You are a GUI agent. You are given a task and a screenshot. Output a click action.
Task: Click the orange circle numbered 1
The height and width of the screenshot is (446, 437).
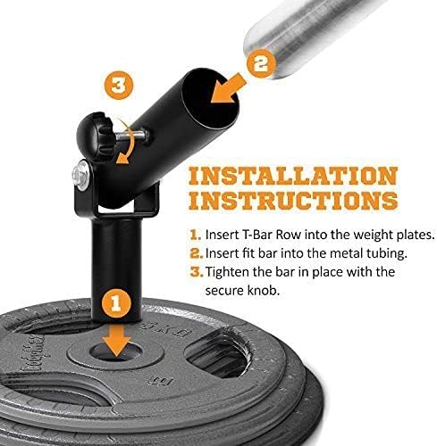(x=116, y=304)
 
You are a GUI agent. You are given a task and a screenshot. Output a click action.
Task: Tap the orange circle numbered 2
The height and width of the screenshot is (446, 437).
(x=261, y=63)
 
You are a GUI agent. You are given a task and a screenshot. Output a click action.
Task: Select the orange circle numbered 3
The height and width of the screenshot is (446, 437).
(x=119, y=86)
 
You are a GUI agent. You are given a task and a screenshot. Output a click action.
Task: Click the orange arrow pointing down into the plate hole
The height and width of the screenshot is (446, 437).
(x=116, y=340)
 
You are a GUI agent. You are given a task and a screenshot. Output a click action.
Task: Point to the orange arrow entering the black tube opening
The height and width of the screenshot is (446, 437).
(x=229, y=87)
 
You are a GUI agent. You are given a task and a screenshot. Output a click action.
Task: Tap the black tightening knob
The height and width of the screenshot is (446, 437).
(x=95, y=136)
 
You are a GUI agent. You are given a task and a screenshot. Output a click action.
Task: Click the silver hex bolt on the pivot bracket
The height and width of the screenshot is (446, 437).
(x=80, y=176)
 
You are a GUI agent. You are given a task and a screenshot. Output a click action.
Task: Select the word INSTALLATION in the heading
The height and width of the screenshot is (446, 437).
(x=293, y=176)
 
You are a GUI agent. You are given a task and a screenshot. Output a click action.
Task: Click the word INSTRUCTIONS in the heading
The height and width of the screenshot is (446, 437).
(x=293, y=200)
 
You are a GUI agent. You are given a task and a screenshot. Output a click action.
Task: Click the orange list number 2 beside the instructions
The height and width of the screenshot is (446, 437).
(x=196, y=253)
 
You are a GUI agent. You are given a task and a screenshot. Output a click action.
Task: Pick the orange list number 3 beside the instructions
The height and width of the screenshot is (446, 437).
(x=196, y=272)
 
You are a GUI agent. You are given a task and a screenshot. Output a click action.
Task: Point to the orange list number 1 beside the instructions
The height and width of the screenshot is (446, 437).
(x=195, y=235)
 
